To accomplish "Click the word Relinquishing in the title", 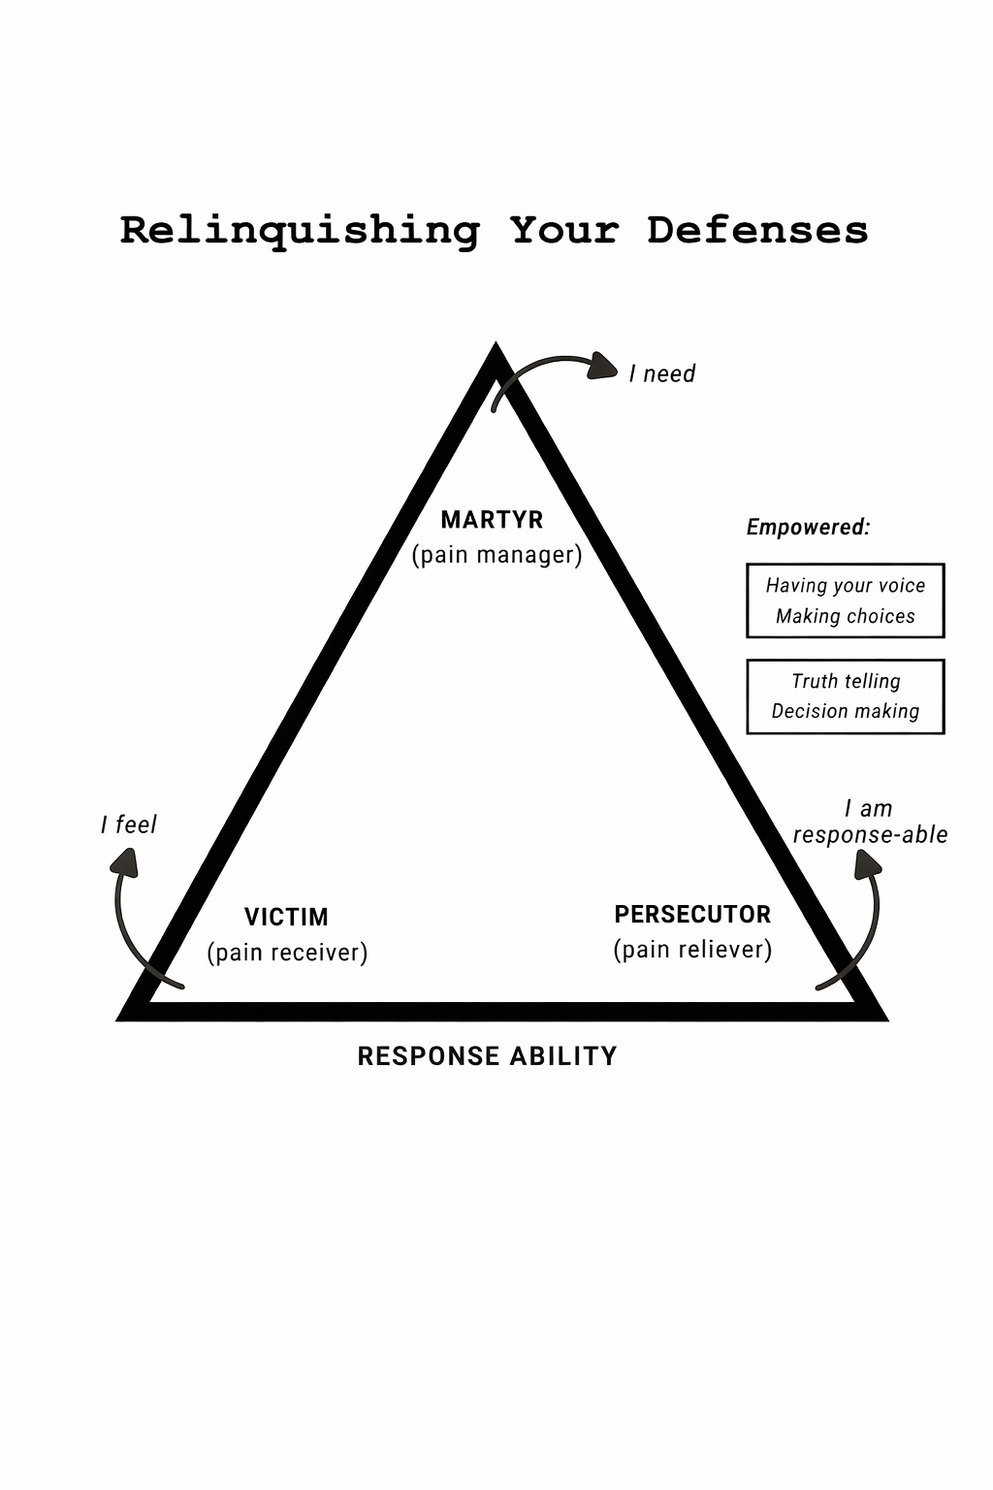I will [x=300, y=231].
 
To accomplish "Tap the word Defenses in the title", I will [x=757, y=231].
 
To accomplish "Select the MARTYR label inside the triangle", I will [x=492, y=520].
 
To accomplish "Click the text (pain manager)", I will [x=496, y=555].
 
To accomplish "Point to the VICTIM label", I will [x=286, y=917].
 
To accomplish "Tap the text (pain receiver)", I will [x=287, y=953].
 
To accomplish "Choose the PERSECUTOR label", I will [x=692, y=915].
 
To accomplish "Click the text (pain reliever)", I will [x=692, y=950].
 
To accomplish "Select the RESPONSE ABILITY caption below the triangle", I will [x=487, y=1056].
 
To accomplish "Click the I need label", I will [x=662, y=374].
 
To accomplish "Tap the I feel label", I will [x=129, y=826].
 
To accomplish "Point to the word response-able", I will [x=870, y=835].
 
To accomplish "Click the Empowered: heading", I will [x=808, y=528].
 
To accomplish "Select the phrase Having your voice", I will [x=846, y=586].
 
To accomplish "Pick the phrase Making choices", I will [x=846, y=617].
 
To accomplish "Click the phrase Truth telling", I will [x=846, y=682].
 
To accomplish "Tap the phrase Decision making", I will [x=846, y=712].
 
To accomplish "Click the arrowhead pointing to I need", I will [x=603, y=367].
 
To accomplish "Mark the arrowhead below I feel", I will [x=124, y=862].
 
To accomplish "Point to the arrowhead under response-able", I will [x=868, y=863].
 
